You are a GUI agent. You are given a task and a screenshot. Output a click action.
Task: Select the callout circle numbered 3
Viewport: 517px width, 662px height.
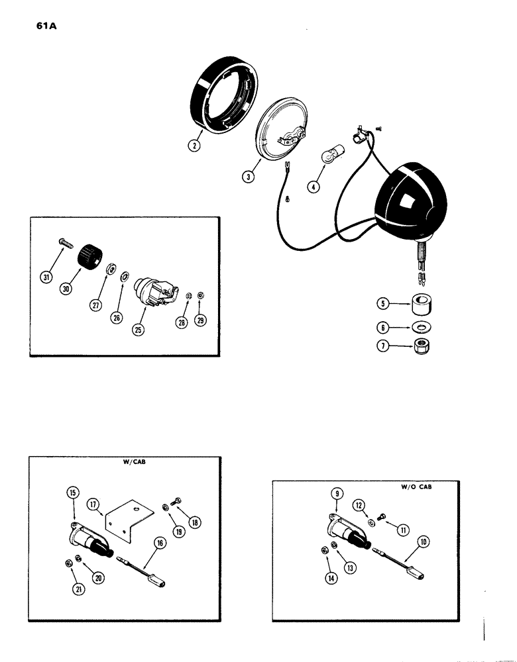(247, 177)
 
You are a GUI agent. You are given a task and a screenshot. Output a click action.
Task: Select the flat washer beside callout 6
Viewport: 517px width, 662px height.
(419, 328)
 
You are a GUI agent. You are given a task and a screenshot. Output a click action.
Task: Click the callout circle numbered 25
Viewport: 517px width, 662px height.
(139, 330)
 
